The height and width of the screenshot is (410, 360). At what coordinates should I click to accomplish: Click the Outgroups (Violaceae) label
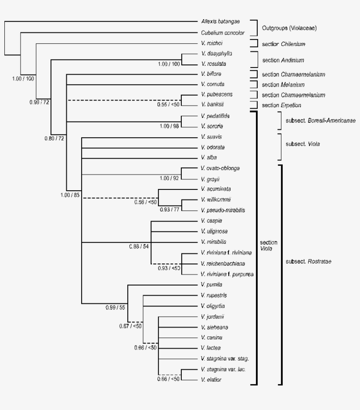(x=289, y=28)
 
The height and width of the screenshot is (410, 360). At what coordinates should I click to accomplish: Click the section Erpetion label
(x=282, y=105)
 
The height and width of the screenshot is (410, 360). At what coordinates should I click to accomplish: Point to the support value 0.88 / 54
(x=138, y=247)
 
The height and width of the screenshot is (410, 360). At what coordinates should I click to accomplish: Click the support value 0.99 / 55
(x=115, y=307)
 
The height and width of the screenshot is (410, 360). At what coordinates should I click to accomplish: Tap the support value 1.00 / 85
(x=70, y=195)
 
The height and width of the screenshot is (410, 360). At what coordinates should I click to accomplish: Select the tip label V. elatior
(x=211, y=380)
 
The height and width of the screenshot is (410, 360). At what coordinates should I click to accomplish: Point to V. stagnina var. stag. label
(x=224, y=358)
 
